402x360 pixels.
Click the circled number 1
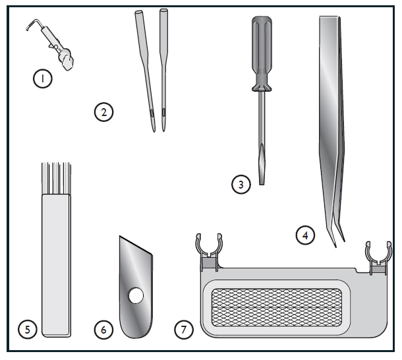click(x=43, y=78)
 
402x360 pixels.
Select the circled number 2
click(x=103, y=112)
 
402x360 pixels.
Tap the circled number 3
click(x=241, y=184)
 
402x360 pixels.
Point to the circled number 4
click(x=305, y=235)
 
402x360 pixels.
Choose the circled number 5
click(x=28, y=329)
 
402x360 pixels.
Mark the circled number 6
click(x=103, y=329)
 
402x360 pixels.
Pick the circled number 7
click(x=184, y=329)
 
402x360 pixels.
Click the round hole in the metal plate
click(x=136, y=295)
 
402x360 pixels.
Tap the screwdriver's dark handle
click(x=262, y=53)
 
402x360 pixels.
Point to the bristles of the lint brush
click(x=56, y=178)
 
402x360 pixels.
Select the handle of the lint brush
click(x=56, y=265)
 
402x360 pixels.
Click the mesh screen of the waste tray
click(x=277, y=307)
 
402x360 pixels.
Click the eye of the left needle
click(x=152, y=113)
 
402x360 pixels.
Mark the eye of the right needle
click(x=163, y=112)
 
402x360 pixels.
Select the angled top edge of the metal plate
click(x=136, y=245)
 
